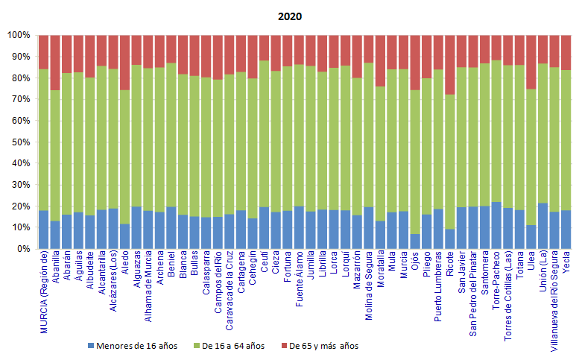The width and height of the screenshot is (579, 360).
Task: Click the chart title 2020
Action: [290, 16]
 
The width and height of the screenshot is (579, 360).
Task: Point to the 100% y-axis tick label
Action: [19, 35]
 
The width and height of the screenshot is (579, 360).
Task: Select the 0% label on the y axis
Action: [23, 249]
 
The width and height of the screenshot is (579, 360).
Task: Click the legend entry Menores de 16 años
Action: [133, 346]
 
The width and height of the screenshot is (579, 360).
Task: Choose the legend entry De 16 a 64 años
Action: [229, 346]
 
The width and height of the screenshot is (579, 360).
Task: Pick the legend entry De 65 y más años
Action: [320, 346]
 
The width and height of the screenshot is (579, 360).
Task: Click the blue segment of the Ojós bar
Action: [415, 241]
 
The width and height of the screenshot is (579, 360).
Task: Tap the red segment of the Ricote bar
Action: [450, 65]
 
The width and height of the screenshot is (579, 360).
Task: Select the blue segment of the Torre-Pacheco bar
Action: [496, 225]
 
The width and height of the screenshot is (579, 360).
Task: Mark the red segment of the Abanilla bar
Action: [55, 63]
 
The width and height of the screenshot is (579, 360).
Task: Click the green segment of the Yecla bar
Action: [566, 140]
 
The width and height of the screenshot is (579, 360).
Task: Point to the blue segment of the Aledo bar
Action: [124, 236]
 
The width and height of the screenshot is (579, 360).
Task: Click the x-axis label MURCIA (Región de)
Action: [44, 292]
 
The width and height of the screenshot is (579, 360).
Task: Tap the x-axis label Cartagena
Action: [241, 272]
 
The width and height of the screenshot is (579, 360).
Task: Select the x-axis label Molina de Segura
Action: [369, 285]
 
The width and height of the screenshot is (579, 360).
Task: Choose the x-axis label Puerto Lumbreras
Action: [438, 286]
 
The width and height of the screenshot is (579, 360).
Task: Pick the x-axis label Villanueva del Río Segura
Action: [554, 301]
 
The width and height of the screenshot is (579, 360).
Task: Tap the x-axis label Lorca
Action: [334, 262]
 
